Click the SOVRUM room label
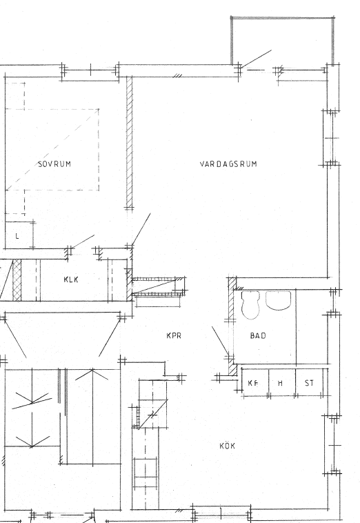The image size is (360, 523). tap(54, 164)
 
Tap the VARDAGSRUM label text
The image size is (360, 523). tap(228, 164)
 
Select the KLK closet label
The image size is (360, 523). tap(71, 279)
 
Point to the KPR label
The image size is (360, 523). tap(174, 335)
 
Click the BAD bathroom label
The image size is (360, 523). tap(258, 335)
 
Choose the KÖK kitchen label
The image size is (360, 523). tap(228, 446)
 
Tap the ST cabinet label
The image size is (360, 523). tap(310, 383)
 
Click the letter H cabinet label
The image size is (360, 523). tap(280, 383)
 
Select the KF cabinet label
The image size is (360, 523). tap(253, 383)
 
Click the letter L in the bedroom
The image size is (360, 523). tap(17, 236)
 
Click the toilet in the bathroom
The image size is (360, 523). tap(250, 305)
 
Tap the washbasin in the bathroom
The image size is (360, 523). tap(279, 301)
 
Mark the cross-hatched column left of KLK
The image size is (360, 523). tap(17, 280)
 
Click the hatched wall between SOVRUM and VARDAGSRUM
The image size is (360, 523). tap(130, 141)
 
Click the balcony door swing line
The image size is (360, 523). tap(257, 59)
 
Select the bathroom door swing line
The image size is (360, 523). tap(220, 341)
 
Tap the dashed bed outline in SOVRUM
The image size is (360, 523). tap(52, 150)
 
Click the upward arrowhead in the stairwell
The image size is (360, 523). tap(92, 374)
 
